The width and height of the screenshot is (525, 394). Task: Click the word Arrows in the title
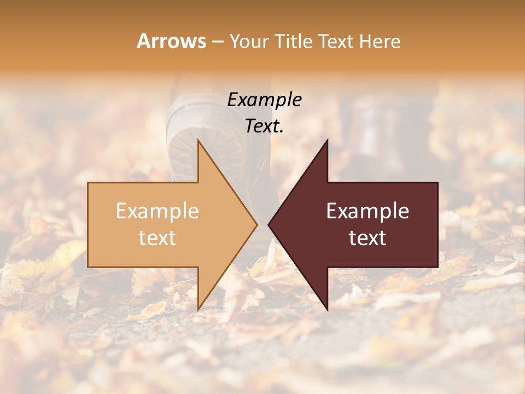pos(172,41)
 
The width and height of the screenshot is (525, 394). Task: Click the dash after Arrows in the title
pos(217,42)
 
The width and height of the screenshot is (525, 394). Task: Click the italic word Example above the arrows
pos(264,100)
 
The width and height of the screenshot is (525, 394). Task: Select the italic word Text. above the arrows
pos(264,126)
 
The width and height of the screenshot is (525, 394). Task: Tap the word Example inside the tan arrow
pos(157,211)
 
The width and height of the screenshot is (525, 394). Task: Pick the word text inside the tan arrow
pos(157,238)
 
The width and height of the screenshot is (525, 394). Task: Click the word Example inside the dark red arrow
pos(367,211)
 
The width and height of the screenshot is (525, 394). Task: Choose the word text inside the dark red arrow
pos(367,238)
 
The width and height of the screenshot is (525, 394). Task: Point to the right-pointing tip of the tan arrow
pos(256,224)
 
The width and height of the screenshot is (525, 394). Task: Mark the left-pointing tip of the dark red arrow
pos(269,224)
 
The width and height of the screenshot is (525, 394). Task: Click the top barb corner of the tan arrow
pos(199,141)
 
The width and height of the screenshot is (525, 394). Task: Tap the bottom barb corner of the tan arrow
pos(199,309)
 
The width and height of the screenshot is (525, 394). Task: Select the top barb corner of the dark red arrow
pos(327,141)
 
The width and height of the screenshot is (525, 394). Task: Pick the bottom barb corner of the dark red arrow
pos(327,309)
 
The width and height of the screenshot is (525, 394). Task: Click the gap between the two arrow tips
pos(262,224)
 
